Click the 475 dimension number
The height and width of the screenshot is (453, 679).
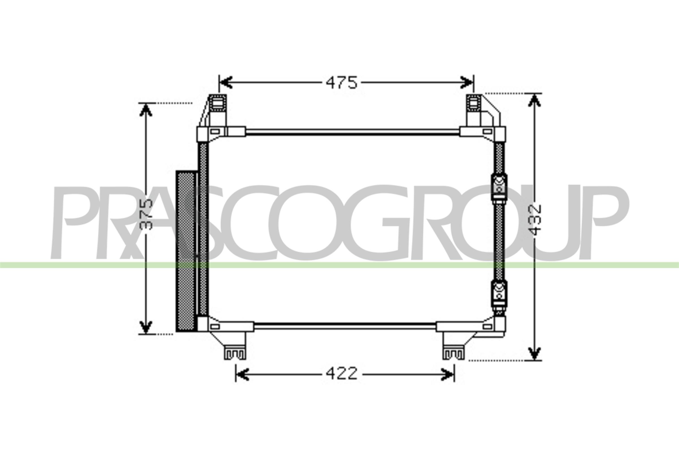pos(341,83)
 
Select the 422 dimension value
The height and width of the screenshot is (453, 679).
pos(341,374)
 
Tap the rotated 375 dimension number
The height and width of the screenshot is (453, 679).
pos(146,214)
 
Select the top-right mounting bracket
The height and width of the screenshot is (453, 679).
pos(474,103)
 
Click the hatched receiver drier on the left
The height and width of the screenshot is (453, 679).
pos(186,251)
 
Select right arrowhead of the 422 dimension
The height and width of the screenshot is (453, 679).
pos(448,374)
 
